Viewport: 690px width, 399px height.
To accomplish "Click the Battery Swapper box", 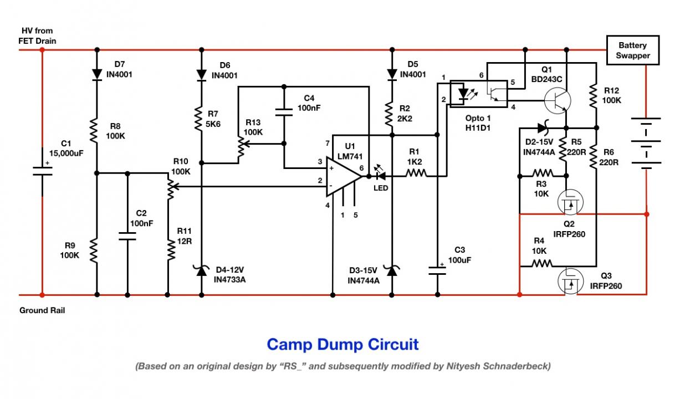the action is (633, 50).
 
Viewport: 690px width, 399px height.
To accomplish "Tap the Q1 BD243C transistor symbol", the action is (558, 101).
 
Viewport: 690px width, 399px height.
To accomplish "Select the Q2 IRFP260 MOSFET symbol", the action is (570, 202).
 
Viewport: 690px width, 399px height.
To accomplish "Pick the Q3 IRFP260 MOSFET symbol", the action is (570, 282).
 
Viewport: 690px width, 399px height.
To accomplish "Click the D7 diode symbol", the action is (97, 74).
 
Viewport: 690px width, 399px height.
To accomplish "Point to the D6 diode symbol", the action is (201, 75).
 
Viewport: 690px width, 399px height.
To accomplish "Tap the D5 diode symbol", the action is (392, 74).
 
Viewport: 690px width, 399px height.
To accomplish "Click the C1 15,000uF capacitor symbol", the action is (42, 171).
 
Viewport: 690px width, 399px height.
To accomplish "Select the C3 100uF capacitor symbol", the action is (437, 270).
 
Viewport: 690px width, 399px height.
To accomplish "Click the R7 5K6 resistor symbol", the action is (198, 119).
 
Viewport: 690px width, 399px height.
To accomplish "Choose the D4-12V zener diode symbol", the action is (201, 270).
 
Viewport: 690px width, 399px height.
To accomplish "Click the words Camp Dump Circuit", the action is (343, 345).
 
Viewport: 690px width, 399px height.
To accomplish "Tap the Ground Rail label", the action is (42, 310).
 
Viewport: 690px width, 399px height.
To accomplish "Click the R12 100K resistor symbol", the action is (593, 96).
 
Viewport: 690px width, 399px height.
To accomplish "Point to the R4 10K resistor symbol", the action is (542, 263).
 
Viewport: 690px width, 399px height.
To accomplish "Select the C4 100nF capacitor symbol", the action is (284, 112).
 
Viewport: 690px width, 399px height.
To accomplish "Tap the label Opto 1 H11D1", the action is (478, 123).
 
